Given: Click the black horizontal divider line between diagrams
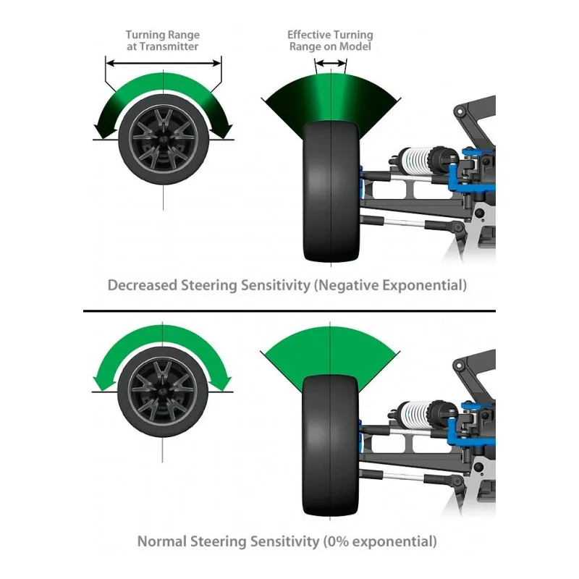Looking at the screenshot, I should click(x=289, y=312).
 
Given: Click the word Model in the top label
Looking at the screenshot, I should click(x=355, y=47).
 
